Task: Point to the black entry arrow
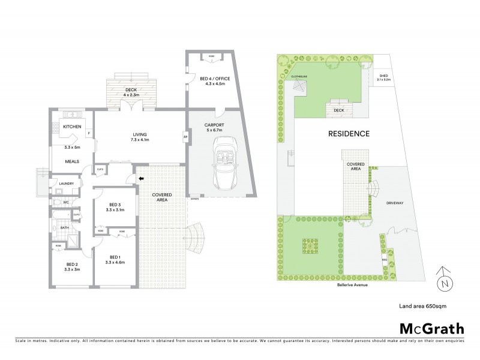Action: tap(142, 178)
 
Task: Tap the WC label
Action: tap(67, 202)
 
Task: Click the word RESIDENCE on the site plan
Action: tap(348, 133)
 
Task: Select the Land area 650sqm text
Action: tap(422, 306)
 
